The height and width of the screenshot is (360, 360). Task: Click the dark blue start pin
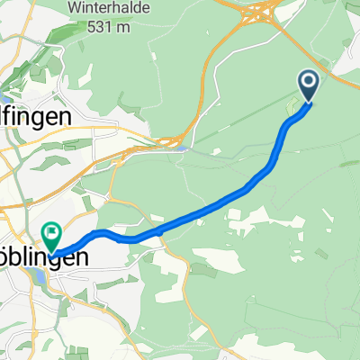(x=308, y=86)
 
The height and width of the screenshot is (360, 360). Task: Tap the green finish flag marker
(x=51, y=236)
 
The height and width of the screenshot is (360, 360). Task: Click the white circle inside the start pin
(x=308, y=85)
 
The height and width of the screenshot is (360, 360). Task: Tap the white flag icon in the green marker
(x=51, y=233)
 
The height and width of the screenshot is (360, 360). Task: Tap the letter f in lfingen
(x=12, y=117)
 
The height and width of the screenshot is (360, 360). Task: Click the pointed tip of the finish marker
(x=51, y=251)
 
